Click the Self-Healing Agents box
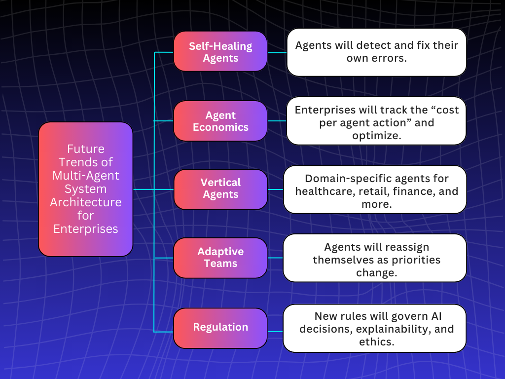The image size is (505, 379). tap(220, 52)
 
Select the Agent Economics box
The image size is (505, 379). tap(220, 121)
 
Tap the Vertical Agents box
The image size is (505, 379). tap(220, 189)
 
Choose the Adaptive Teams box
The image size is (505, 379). tap(220, 257)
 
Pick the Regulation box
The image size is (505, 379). tap(220, 327)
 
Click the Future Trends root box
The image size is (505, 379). tap(85, 189)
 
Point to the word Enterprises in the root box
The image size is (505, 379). tap(85, 229)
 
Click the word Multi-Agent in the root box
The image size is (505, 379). tap(86, 175)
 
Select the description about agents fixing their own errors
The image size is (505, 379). tap(376, 52)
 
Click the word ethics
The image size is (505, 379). tap(376, 341)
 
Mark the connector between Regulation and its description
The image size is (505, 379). tap(275, 331)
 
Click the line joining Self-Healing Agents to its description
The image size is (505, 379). tap(277, 52)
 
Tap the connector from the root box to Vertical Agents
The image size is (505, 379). tap(153, 189)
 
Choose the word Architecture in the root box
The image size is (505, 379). tap(86, 202)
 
